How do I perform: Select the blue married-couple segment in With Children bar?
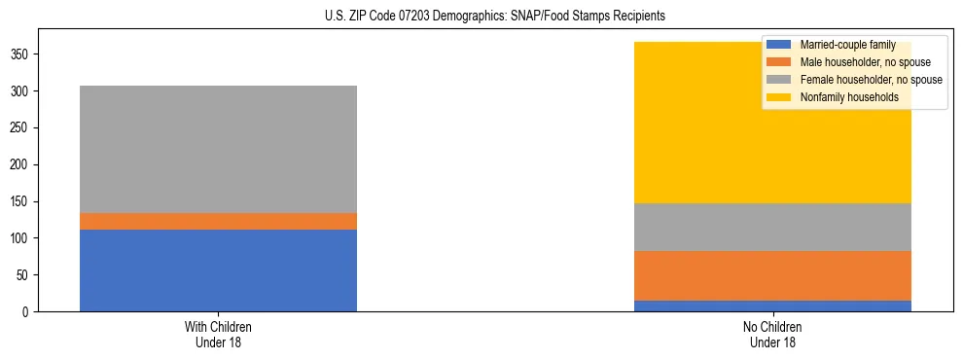point(218,270)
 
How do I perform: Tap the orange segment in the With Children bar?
point(218,221)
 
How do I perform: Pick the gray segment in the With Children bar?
point(218,149)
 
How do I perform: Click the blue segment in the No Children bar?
point(772,306)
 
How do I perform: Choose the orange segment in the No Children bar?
point(772,275)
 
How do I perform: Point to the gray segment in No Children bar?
point(772,227)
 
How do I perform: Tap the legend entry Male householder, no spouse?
point(857,62)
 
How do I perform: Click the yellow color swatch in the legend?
point(778,97)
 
